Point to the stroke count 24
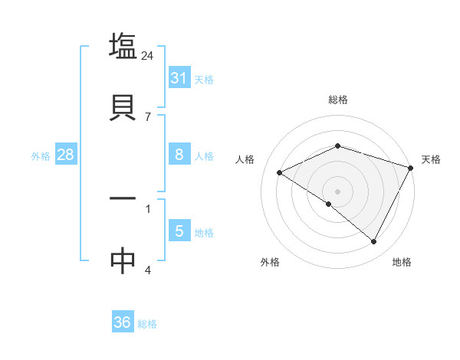coord(148,55)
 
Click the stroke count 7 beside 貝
coord(148,117)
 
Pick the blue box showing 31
coord(179,78)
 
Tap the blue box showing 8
coord(179,155)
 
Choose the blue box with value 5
coord(179,231)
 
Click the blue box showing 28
coord(66,155)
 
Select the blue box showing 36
coord(123,323)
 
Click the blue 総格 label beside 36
coord(147,324)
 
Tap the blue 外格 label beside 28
coord(41,155)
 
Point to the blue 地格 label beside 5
coord(204,232)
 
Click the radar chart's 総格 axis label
coord(338,100)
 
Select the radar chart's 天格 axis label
coord(431,159)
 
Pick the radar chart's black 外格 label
coord(270,262)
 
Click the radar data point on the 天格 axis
coord(412,167)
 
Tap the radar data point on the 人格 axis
coord(280,172)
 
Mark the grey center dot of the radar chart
coord(338,191)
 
